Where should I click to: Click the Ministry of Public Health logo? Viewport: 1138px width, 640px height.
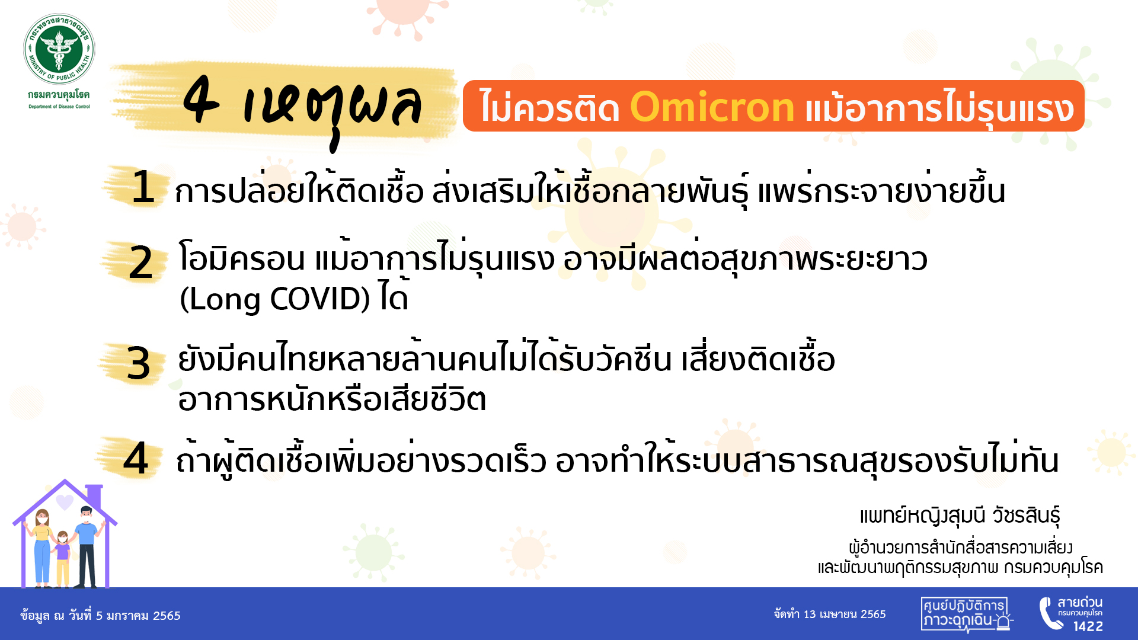[x=59, y=49]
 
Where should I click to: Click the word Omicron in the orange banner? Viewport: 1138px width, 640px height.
[x=712, y=107]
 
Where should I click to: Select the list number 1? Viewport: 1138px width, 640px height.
[x=143, y=187]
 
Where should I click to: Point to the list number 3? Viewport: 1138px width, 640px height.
[x=138, y=363]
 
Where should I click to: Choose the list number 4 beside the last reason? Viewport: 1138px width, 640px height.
[x=136, y=459]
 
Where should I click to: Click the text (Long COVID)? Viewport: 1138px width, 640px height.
[x=274, y=299]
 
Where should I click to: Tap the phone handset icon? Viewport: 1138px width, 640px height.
[x=1049, y=613]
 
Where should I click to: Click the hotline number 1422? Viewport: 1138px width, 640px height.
[x=1088, y=626]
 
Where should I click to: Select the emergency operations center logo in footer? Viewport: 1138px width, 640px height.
[x=966, y=613]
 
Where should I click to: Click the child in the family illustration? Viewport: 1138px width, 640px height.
[x=62, y=557]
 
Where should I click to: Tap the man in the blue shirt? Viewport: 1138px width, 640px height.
[x=87, y=545]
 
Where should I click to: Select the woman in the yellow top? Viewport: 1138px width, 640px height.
[x=42, y=545]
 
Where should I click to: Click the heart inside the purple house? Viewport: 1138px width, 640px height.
[x=65, y=502]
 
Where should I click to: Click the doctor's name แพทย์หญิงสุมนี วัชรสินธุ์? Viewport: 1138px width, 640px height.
[x=960, y=516]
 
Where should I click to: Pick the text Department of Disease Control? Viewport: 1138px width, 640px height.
[x=59, y=107]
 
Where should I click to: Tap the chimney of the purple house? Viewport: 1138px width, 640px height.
[x=94, y=495]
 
